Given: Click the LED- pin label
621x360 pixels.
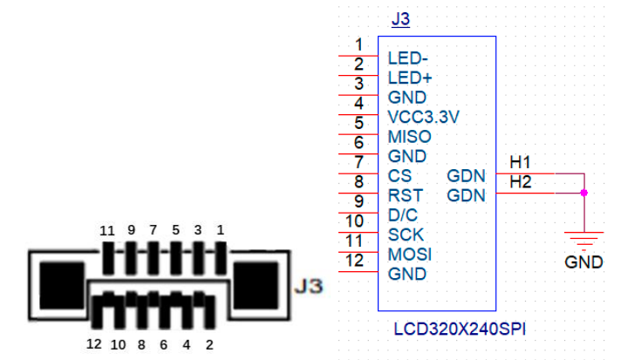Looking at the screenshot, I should tap(406, 59).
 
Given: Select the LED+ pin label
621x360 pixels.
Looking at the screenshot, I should tap(408, 78).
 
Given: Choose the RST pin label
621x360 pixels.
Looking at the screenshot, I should tap(405, 196).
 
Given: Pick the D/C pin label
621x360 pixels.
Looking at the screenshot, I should tap(404, 215).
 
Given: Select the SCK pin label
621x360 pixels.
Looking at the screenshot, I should tap(406, 234).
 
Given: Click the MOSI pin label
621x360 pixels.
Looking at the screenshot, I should tap(409, 255).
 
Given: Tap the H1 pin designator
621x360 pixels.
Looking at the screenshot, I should tap(521, 163).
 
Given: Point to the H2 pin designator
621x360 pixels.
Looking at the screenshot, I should tap(521, 182).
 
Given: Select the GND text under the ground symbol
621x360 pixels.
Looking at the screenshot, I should tap(583, 261).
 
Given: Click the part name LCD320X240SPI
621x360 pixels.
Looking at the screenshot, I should tap(459, 329).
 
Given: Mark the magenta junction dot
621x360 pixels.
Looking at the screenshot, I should tap(583, 192).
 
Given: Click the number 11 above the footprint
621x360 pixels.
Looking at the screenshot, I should tap(107, 230).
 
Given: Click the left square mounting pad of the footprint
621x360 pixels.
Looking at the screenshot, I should tap(60, 283).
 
